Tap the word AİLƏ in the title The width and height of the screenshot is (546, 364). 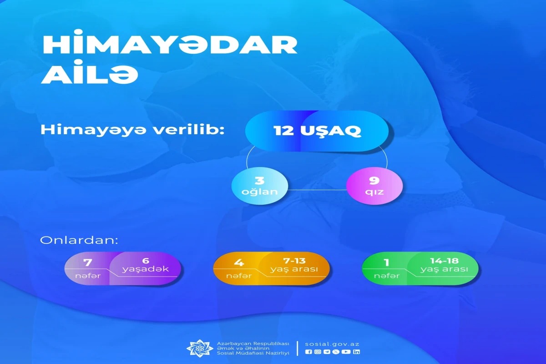pos(90,74)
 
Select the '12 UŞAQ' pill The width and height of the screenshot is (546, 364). pos(317,131)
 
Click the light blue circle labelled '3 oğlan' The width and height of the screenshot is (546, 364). pos(260,186)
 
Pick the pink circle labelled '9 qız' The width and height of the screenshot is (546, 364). pos(374,186)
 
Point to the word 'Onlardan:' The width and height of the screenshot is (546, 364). pos(79,240)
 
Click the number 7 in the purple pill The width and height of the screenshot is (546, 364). pos(88,263)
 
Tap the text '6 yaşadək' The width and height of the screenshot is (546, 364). pos(146,265)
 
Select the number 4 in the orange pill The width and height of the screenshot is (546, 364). pos(239,263)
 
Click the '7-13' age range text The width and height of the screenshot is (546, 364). pos(294,261)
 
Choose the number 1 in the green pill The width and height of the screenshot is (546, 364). pos(387,263)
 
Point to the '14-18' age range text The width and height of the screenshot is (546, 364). pos(445,261)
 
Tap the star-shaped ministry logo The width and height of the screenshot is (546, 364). pos(200,348)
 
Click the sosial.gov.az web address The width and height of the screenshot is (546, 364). pos(332,344)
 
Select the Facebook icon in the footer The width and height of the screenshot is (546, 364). pos(308,352)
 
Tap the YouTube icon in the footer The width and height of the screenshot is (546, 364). pos(346,352)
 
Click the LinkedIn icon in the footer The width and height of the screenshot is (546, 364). pos(356,352)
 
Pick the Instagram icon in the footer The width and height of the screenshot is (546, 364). pos(318,352)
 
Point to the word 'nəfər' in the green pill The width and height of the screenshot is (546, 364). pos(387,276)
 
